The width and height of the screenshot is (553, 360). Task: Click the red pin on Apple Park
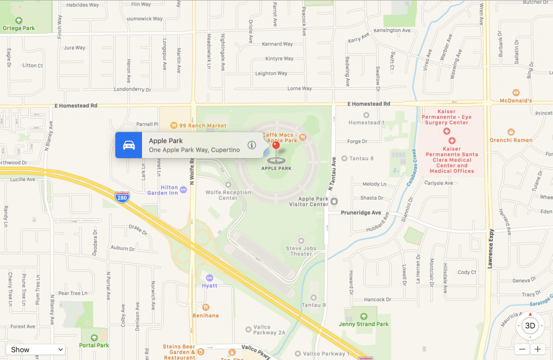point(276,146)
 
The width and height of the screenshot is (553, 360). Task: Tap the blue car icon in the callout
point(129,145)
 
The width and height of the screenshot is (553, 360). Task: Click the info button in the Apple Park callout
point(252,145)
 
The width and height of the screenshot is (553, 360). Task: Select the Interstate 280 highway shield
point(122,197)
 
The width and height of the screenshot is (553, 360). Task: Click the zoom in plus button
point(537,349)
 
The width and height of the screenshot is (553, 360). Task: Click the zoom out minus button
point(522,349)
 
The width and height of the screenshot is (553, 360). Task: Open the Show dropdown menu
point(36,349)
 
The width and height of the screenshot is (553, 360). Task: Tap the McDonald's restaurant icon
point(516,92)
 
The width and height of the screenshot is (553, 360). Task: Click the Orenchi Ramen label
point(511,140)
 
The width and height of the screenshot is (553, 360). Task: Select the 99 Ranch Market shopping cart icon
point(173,125)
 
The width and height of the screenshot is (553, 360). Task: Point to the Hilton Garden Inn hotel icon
point(184,189)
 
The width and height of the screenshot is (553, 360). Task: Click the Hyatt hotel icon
point(210,277)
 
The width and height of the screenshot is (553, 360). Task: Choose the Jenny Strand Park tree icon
point(363,316)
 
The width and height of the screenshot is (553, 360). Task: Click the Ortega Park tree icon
point(18,20)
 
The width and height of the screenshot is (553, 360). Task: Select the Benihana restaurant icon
point(206,307)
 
